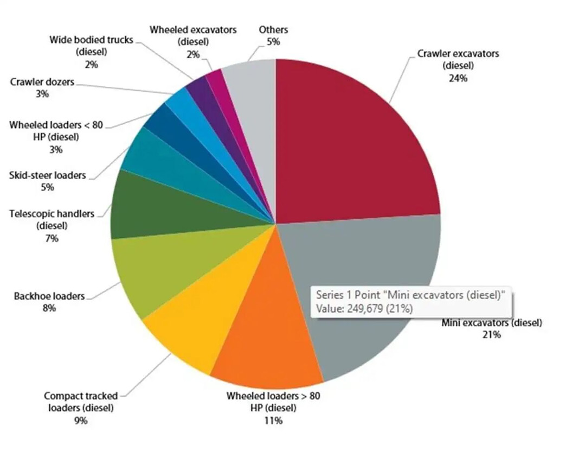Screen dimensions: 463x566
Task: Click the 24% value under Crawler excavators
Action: (458, 78)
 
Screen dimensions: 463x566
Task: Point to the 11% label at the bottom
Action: (273, 420)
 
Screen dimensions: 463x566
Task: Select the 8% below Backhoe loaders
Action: (49, 308)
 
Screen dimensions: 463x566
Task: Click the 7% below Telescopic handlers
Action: (52, 238)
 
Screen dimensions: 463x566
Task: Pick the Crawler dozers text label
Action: (42, 82)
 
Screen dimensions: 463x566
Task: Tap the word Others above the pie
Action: (273, 29)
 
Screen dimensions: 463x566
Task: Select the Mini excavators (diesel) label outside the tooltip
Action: (492, 323)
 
